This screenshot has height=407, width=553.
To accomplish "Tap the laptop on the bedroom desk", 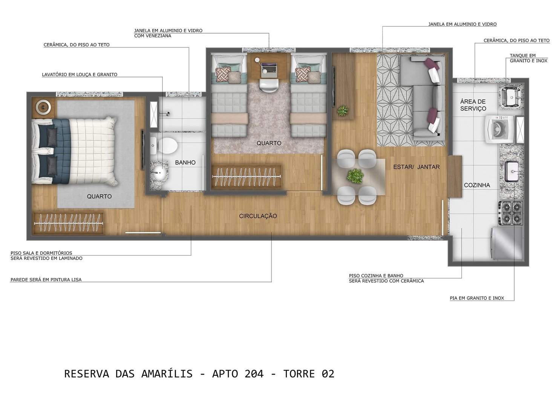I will (x=268, y=69).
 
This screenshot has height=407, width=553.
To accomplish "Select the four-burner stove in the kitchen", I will (x=511, y=213).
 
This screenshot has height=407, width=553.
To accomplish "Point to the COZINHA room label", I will (x=477, y=185).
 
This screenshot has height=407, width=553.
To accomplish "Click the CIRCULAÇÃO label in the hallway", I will (x=258, y=216).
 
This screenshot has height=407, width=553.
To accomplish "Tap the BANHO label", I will (x=185, y=162).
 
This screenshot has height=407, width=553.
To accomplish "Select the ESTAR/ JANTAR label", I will (x=416, y=167).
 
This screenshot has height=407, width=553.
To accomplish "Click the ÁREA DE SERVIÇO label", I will (x=473, y=105).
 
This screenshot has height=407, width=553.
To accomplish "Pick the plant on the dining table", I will (x=355, y=176).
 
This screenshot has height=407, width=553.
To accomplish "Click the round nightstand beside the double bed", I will (x=43, y=107).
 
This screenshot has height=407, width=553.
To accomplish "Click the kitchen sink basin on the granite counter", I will (x=512, y=171).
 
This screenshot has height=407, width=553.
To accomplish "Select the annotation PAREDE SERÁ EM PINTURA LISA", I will (x=46, y=280).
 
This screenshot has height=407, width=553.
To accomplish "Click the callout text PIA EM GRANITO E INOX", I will (x=477, y=298).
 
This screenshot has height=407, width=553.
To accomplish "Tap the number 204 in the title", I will (x=254, y=374).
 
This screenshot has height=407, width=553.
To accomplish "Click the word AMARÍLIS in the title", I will (x=167, y=374).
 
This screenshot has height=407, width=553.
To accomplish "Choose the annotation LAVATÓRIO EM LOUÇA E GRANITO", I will (x=80, y=75).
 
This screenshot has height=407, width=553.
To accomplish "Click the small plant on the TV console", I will (x=343, y=111).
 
